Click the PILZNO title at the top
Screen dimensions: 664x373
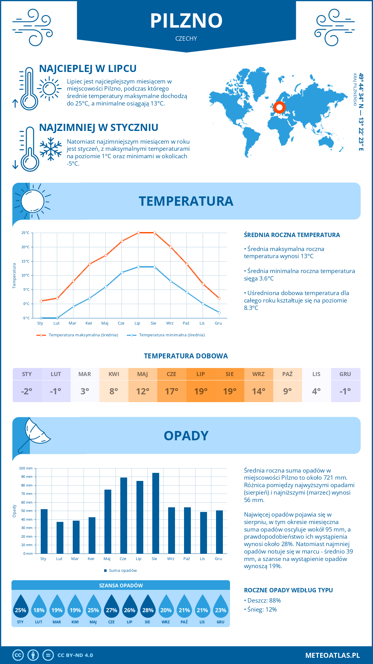186,21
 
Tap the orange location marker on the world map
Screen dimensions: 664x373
279,107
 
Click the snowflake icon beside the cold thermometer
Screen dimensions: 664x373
51,149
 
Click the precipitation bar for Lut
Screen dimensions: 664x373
60,537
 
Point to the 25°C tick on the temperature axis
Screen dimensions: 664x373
25,233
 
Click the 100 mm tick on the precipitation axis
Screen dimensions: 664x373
26,468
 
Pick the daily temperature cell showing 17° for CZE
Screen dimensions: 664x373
172,391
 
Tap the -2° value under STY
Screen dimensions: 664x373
27,391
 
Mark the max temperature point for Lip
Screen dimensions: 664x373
138,233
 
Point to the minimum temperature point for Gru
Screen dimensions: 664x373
219,312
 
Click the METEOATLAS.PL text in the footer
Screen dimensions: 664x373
332,655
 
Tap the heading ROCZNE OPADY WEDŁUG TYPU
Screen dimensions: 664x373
288,590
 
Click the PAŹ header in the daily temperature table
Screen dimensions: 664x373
288,374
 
